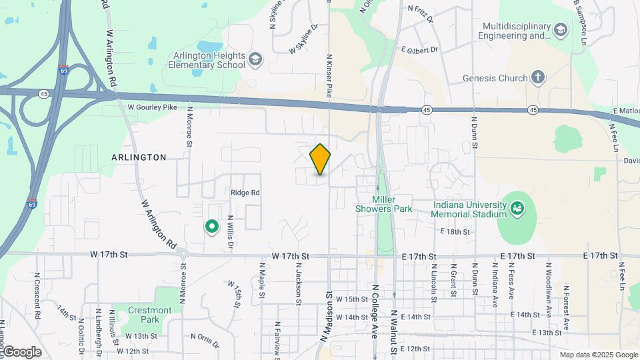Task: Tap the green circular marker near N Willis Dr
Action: pyautogui.click(x=212, y=228)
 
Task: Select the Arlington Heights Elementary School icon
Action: pyautogui.click(x=255, y=61)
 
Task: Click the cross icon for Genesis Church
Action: pyautogui.click(x=539, y=78)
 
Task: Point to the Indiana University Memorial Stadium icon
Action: pyautogui.click(x=517, y=209)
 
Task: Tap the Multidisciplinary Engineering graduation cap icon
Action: pyautogui.click(x=561, y=29)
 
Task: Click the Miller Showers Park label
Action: pyautogui.click(x=393, y=204)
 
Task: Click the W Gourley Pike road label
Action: pyautogui.click(x=153, y=107)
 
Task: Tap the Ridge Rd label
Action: pyautogui.click(x=245, y=193)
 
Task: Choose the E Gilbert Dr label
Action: pyautogui.click(x=419, y=50)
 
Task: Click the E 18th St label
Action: pyautogui.click(x=455, y=231)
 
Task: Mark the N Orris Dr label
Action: pyautogui.click(x=205, y=341)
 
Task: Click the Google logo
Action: pyautogui.click(x=21, y=351)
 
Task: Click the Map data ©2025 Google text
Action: pyautogui.click(x=598, y=355)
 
